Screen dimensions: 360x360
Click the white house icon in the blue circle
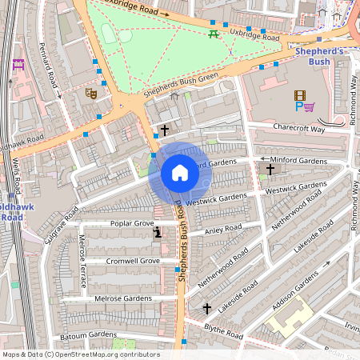pyautogui.click(x=180, y=173)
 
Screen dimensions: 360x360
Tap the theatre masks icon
pyautogui.click(x=91, y=94)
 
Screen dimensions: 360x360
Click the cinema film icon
pyautogui.click(x=299, y=95)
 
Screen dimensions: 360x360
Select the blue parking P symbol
pyautogui.click(x=299, y=106)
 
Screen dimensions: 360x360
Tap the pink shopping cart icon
pyautogui.click(x=309, y=106)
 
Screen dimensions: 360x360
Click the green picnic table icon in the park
pyautogui.click(x=213, y=34)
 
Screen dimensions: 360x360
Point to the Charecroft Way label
pyautogui.click(x=298, y=128)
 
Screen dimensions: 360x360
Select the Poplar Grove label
pyautogui.click(x=132, y=223)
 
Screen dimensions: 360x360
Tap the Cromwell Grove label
pyautogui.click(x=133, y=261)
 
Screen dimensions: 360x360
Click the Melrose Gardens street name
pyautogui.click(x=122, y=298)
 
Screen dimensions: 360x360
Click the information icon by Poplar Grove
pyautogui.click(x=158, y=233)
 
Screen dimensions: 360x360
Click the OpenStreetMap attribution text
pyautogui.click(x=80, y=354)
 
